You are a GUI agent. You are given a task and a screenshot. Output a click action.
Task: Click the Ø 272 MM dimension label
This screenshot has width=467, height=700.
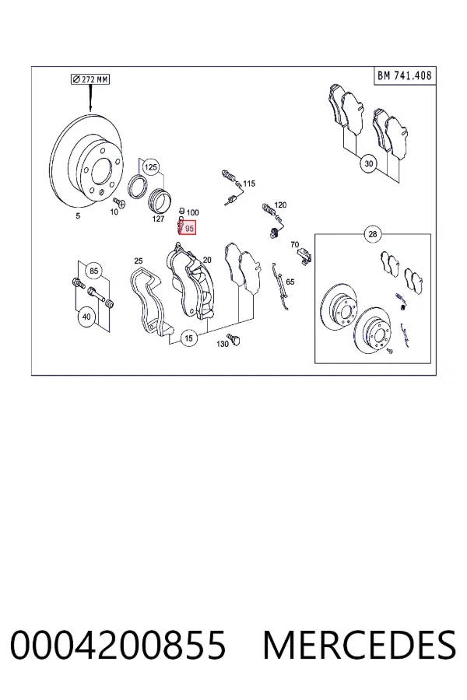[x=90, y=79]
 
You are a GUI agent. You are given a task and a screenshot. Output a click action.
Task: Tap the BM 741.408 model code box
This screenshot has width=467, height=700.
[x=405, y=75]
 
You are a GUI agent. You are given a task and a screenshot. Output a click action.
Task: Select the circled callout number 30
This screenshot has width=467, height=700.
[x=368, y=164]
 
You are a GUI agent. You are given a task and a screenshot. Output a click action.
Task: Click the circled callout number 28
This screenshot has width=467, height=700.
[x=373, y=233]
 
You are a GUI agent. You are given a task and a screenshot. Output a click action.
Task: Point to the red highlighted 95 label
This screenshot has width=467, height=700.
[x=188, y=228]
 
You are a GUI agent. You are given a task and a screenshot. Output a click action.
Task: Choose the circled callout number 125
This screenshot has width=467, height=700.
[x=150, y=167]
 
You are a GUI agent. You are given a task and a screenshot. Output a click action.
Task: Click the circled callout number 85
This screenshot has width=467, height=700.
[x=93, y=271]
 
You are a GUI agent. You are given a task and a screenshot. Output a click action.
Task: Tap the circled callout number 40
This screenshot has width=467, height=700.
[x=86, y=317]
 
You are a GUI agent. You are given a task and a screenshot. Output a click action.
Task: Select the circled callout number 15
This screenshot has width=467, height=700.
[x=188, y=338]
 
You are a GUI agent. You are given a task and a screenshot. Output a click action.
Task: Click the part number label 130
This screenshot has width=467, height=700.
[x=222, y=344]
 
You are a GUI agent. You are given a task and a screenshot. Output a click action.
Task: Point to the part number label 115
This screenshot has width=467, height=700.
[x=249, y=184]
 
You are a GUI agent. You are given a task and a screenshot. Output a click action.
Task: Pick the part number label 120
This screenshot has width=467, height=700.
[x=280, y=205]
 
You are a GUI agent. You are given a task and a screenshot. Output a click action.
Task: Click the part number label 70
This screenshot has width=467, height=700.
[x=294, y=245]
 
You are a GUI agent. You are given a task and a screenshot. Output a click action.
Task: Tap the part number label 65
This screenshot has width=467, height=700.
[x=290, y=282]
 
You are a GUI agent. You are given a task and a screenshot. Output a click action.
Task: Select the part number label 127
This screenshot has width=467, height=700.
[x=158, y=219]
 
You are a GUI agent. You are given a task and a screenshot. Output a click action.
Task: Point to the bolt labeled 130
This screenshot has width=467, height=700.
[x=233, y=339]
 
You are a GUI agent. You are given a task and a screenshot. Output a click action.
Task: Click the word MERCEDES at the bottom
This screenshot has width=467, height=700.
[x=360, y=645]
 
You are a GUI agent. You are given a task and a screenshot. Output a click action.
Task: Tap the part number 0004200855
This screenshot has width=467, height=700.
[x=118, y=645]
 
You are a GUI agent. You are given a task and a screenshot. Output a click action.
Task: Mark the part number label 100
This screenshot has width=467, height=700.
[x=192, y=212]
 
